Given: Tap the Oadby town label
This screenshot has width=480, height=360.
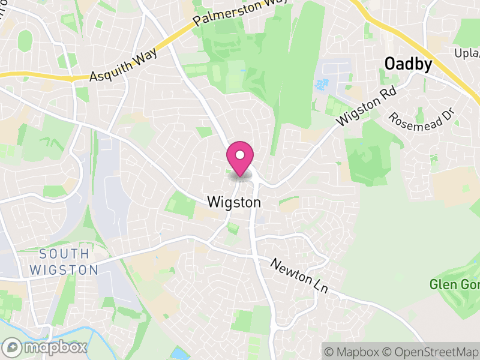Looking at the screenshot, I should [x=408, y=64].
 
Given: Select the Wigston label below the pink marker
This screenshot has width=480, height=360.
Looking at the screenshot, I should [x=234, y=203].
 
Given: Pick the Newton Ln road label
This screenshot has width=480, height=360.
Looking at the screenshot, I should [x=299, y=275].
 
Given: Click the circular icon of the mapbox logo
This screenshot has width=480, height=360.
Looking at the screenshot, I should [x=13, y=347].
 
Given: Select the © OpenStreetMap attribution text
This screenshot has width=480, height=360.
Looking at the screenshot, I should [x=431, y=351].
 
